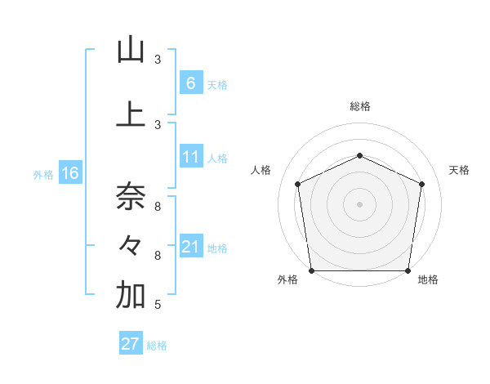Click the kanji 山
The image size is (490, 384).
[x=131, y=51]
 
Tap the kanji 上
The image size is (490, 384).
[x=131, y=114]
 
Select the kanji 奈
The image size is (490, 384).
[x=131, y=196]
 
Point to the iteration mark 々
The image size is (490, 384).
[x=131, y=245]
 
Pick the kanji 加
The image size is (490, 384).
[x=131, y=296]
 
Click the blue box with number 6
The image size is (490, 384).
[x=190, y=83]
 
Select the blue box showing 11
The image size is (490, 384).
[x=190, y=157]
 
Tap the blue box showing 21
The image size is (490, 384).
[x=190, y=247]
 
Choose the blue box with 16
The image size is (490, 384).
[x=69, y=173]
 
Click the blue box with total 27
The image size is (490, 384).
[x=131, y=344]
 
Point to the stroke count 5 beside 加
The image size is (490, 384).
[x=157, y=305]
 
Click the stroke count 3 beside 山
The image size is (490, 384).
[x=158, y=60]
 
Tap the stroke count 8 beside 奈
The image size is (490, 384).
[x=158, y=205]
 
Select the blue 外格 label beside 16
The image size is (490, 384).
[x=43, y=174]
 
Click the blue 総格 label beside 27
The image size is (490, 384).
[x=157, y=346]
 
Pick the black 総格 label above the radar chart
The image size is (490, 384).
[x=359, y=106]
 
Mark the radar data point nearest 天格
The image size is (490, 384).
[x=421, y=183]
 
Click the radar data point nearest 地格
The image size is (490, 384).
[x=408, y=270]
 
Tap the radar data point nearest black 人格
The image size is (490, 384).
[x=297, y=184]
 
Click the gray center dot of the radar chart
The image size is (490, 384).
[x=359, y=203]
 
